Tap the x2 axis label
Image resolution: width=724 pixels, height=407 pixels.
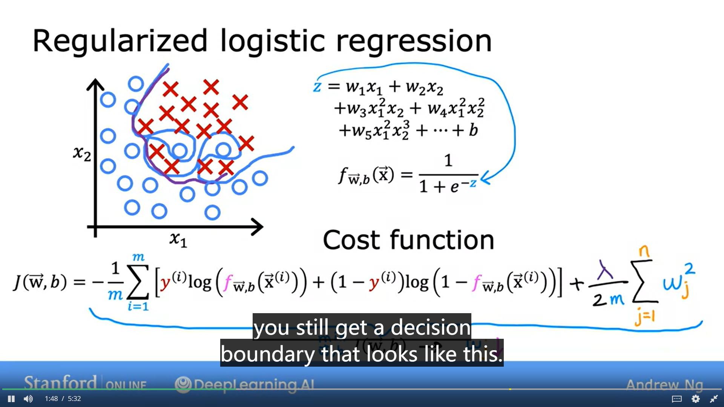coord(82,153)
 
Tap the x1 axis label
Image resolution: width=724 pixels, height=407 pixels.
coord(178,239)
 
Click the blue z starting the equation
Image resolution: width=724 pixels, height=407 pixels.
coord(317,87)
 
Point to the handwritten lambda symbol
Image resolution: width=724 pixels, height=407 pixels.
coord(605,269)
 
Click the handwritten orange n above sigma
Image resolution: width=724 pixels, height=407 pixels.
coord(644,251)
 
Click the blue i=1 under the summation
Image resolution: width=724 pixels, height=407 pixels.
coord(138,306)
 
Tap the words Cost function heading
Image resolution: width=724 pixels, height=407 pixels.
coord(408,240)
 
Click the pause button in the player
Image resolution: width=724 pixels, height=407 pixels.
coord(11,399)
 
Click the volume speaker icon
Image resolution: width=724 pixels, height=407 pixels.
coord(28,399)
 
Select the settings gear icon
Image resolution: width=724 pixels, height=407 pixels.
coord(695,399)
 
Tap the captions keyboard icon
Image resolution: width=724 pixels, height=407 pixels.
coord(677,399)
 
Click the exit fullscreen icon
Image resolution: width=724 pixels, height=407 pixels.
coord(713,399)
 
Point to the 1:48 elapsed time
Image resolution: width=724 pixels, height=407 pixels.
coord(51,399)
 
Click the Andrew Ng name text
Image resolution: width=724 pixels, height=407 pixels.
coord(664,385)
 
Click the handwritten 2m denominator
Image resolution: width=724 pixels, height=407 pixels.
coord(608,300)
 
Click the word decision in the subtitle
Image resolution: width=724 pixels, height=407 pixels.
coord(431,327)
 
